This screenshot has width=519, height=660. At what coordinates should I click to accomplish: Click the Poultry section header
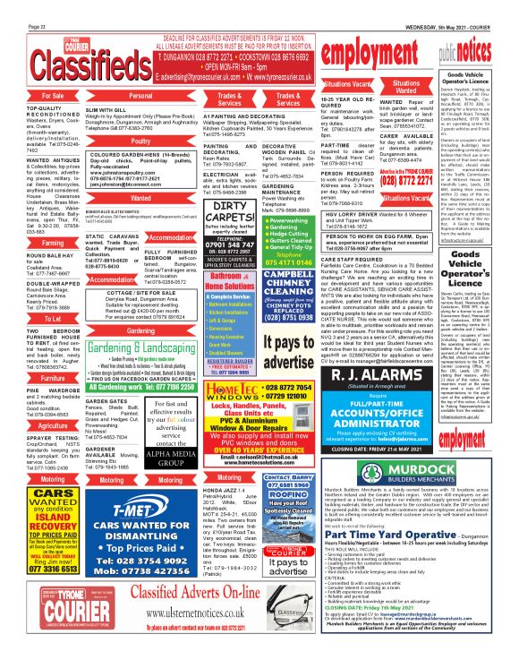(x=140, y=141)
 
